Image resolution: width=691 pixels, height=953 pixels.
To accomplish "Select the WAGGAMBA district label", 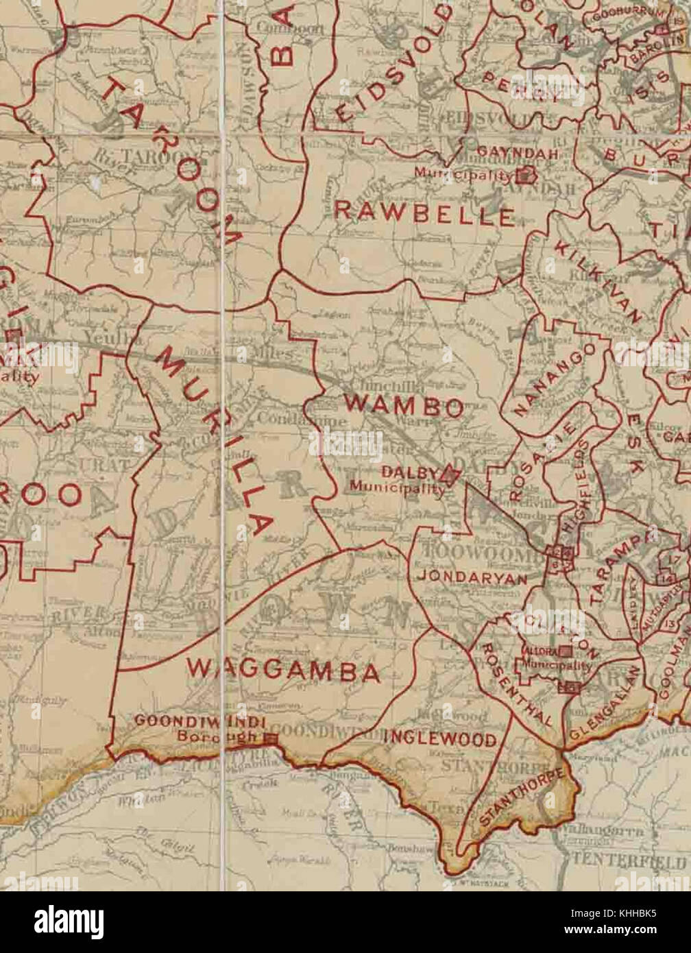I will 282,670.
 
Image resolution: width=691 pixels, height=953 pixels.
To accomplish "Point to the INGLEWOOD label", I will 439,738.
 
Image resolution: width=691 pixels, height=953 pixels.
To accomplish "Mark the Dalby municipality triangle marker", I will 450,475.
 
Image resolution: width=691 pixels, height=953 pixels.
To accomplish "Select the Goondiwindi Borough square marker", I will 270,738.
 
